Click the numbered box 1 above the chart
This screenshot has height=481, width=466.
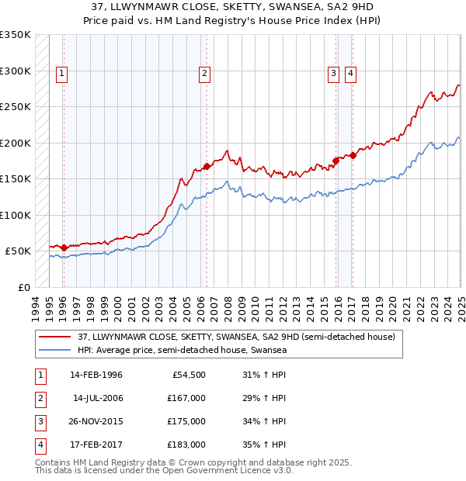pos(61,74)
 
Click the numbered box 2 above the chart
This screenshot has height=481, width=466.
pos(203,74)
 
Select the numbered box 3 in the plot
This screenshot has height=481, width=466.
pos(332,74)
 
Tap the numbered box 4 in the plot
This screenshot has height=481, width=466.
pos(350,74)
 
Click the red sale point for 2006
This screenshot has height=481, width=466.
pos(207,166)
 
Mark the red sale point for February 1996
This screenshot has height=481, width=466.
pos(64,247)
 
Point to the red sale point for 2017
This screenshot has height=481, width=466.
pos(352,155)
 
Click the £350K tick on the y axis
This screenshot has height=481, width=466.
pos(16,35)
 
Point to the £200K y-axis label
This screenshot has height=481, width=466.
pos(16,144)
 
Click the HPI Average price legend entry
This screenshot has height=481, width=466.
pos(182,351)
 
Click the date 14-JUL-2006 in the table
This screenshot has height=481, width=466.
pos(98,398)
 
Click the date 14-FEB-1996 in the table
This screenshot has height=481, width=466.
pos(96,375)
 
